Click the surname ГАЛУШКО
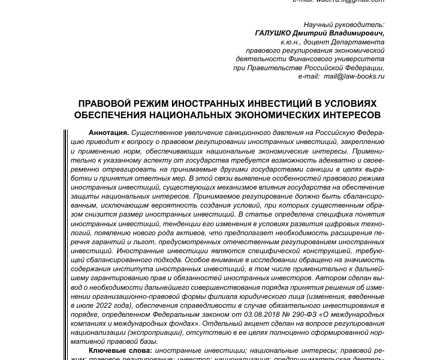(x=274, y=34)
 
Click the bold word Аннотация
(x=108, y=131)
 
